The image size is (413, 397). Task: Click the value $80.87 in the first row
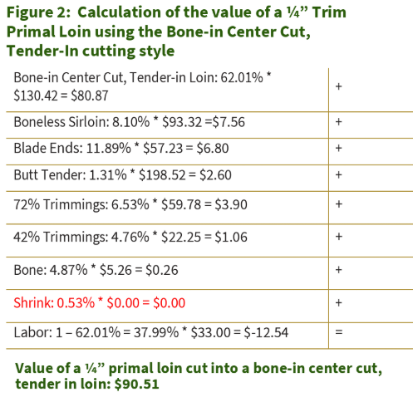(90, 96)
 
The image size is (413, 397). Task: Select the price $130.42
(36, 96)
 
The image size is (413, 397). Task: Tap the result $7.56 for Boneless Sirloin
(229, 122)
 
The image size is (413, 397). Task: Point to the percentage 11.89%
(109, 148)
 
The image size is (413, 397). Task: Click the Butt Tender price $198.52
(162, 175)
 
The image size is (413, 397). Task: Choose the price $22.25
(181, 238)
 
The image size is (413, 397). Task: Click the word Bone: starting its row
(30, 270)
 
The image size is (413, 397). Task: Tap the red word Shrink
(33, 302)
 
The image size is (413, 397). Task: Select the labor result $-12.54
(266, 332)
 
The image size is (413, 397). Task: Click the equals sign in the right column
(339, 332)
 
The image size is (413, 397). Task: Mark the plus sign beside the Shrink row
(338, 302)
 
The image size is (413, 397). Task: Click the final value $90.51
(137, 384)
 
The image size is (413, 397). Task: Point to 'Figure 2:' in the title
(38, 12)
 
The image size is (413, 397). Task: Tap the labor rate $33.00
(210, 332)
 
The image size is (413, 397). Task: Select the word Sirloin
(89, 122)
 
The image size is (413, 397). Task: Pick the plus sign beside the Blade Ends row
(338, 148)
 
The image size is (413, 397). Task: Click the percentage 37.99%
(156, 332)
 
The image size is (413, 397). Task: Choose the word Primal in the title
(31, 32)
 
